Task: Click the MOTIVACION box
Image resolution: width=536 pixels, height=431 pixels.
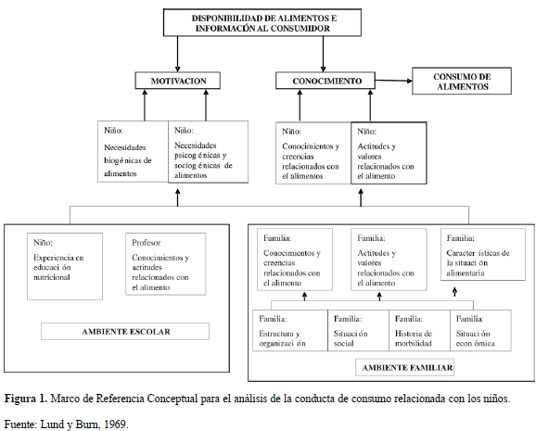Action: (178, 81)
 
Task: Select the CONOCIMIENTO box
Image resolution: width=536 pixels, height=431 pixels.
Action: (325, 81)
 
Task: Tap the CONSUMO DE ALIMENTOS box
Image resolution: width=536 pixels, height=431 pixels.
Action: (462, 81)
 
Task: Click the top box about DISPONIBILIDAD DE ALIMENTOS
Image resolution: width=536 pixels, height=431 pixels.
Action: (262, 22)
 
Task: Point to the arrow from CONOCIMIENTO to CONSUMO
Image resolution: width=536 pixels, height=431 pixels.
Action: (394, 81)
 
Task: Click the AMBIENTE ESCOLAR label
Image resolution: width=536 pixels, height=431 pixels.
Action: (125, 331)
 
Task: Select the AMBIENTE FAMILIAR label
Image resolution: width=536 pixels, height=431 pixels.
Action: (404, 367)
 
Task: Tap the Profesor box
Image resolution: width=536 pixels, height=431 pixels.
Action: (166, 264)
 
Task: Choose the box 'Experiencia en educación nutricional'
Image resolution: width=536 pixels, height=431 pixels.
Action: (65, 267)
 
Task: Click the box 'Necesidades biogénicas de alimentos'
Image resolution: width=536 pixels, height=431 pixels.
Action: (133, 151)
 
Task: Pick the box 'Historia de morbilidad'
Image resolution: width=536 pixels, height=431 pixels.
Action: (419, 330)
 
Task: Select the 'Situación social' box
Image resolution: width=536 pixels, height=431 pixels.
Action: (358, 330)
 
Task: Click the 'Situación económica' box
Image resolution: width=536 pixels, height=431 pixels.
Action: (480, 330)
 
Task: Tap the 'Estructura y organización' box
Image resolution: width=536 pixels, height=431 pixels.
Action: (290, 330)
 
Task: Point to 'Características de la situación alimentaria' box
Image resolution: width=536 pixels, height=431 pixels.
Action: (483, 255)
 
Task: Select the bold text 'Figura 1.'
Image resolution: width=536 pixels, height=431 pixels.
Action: (26, 399)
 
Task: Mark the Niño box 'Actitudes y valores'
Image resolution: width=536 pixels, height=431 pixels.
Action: (389, 153)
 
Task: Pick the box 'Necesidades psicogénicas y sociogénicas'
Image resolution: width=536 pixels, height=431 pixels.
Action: (208, 152)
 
